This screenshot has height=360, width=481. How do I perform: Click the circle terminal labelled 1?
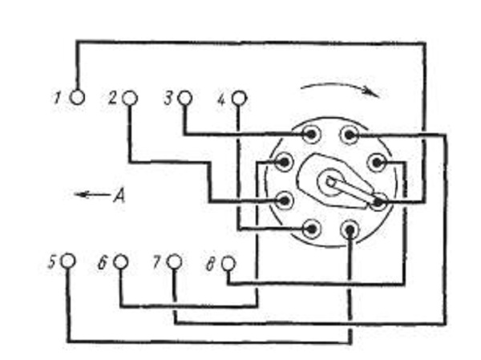point(77,98)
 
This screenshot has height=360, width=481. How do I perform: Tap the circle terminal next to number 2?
point(130,99)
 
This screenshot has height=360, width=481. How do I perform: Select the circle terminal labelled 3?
point(184,98)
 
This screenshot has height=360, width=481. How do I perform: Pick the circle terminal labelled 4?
point(239,99)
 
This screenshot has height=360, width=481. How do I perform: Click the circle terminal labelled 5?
point(68,261)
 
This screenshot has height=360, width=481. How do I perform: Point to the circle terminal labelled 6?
point(120,262)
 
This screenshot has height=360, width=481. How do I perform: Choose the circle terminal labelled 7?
point(174,262)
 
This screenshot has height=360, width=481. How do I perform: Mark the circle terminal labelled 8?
point(228,263)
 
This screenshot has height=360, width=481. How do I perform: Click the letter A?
point(119,195)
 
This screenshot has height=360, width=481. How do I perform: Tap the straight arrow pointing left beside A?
point(92,194)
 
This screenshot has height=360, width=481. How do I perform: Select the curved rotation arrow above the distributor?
point(340,88)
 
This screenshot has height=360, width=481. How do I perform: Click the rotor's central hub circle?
point(330,182)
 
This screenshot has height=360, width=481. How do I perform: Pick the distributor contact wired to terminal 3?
point(311,134)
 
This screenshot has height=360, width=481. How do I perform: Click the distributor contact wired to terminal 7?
point(349,135)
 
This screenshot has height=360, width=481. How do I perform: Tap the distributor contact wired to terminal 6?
point(284,162)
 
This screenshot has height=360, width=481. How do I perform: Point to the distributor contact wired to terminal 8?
point(377,163)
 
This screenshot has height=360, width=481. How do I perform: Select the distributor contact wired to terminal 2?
point(285,200)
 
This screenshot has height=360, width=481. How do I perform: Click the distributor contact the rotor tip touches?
point(378,202)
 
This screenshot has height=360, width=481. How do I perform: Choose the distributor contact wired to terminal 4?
point(311,229)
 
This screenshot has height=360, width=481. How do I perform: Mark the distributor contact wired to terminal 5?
point(350,229)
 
